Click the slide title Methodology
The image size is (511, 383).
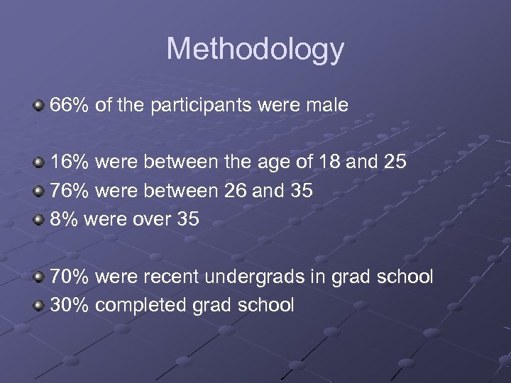(255, 50)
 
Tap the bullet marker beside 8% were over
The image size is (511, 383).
(38, 220)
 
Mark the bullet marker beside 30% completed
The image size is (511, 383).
(38, 306)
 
